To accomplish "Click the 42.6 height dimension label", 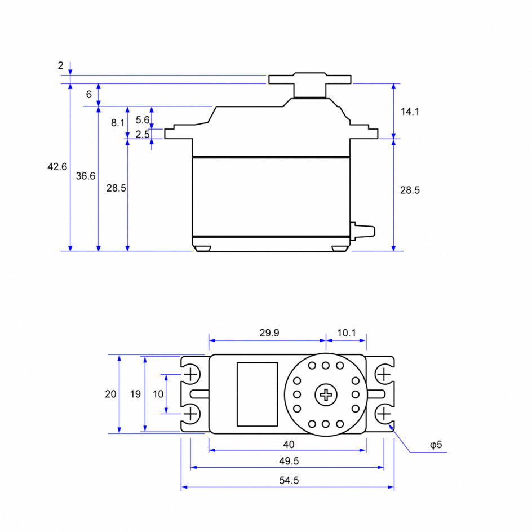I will click(57, 167).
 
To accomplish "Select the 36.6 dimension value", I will click(85, 176).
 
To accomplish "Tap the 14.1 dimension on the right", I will click(410, 112).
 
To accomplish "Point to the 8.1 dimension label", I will click(117, 122).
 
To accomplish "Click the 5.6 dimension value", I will click(143, 119).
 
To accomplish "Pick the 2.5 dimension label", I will click(143, 134).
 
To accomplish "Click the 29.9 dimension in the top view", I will click(269, 333).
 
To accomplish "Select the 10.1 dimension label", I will click(347, 333).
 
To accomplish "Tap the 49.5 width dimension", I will click(289, 461).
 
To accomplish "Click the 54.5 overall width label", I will click(289, 481).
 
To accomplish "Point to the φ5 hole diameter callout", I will click(436, 445).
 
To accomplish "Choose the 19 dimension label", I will click(135, 394).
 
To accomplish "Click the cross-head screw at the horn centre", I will click(326, 394).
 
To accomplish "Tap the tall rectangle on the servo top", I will click(257, 394).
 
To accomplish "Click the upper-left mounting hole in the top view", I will click(192, 374).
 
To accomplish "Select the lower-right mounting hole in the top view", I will click(384, 415).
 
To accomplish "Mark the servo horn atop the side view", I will click(309, 79).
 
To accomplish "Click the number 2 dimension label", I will click(60, 65).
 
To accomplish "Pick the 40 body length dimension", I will click(289, 444).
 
